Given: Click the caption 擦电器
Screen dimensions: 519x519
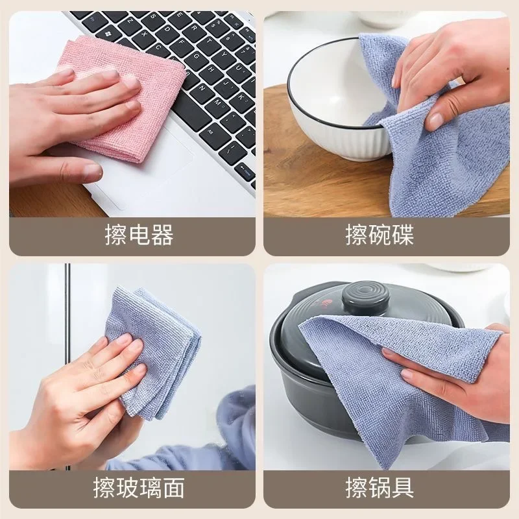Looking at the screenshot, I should click(x=139, y=235).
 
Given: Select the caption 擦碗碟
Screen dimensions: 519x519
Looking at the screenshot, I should click(x=380, y=235).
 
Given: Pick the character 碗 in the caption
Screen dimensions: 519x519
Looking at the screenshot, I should click(x=380, y=235).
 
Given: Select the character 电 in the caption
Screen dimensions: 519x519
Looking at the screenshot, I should click(x=139, y=235).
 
